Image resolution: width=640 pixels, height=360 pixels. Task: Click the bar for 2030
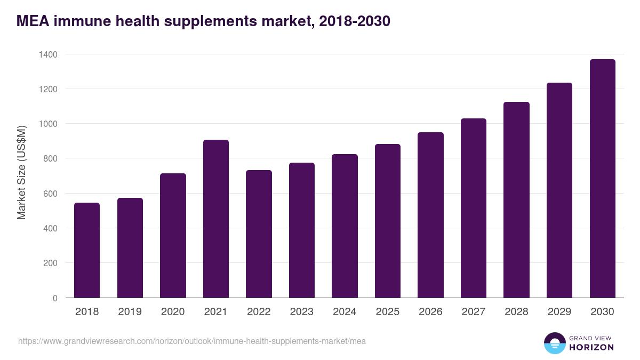click(602, 179)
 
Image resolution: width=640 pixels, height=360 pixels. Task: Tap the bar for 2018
click(87, 250)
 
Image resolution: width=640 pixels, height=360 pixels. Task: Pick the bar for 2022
click(259, 234)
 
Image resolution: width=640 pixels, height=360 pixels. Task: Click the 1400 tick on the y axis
click(48, 54)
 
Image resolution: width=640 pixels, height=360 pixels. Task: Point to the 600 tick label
click(50, 194)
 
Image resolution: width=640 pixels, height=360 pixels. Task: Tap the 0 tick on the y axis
click(55, 298)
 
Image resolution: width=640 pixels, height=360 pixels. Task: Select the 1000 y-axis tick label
click(48, 124)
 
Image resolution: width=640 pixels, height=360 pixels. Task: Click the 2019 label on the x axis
click(130, 312)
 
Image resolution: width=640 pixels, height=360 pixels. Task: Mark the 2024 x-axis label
click(345, 312)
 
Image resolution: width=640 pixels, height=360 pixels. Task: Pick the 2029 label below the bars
click(559, 312)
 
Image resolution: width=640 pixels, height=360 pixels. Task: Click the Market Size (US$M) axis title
click(21, 172)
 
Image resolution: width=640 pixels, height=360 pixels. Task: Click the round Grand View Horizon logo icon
click(554, 343)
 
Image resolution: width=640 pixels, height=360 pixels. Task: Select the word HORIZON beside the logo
click(591, 347)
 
